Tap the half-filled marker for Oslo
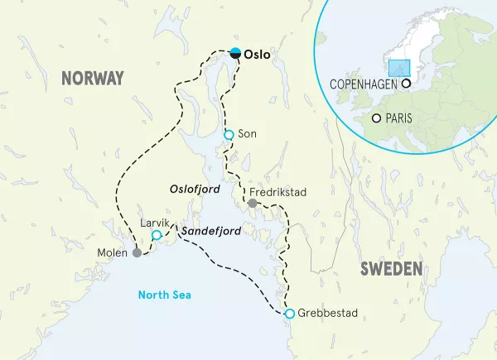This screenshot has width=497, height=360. coord(236,53)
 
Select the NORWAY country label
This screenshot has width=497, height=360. coord(92,79)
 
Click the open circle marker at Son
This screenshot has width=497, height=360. coord(229,134)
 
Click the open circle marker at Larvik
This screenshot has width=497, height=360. coord(157,236)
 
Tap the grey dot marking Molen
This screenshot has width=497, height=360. coord(137,253)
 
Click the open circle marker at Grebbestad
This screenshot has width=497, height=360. coord(289,314)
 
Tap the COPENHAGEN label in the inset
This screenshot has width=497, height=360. coord(364,84)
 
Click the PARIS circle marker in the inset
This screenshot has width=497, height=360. coord(377,118)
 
